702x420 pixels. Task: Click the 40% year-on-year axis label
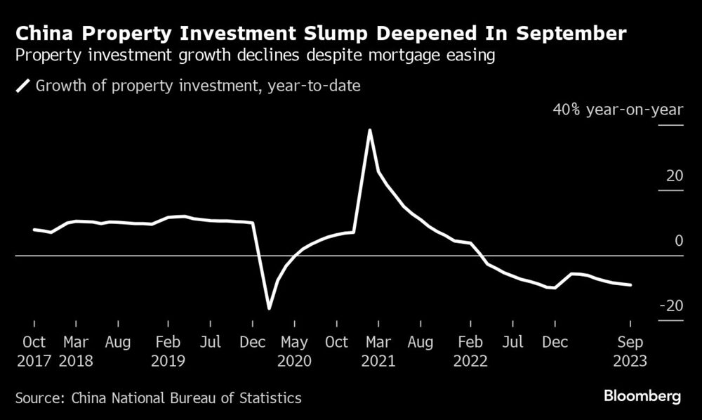coord(618,110)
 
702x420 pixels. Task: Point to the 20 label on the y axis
coord(675,176)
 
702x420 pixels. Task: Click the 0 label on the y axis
coord(678,241)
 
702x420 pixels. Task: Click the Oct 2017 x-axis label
coord(34,351)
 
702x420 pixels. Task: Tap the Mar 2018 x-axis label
coord(76,351)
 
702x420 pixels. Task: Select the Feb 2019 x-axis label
coord(168,351)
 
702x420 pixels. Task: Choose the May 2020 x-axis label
coord(294,351)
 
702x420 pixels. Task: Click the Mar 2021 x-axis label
coord(378,351)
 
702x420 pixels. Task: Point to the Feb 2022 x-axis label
coord(471,351)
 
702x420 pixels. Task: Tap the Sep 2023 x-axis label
coord(630,351)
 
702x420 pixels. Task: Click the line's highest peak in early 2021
coord(369,130)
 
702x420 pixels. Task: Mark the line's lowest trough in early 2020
coord(269,308)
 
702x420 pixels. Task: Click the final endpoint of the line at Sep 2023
coord(630,285)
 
